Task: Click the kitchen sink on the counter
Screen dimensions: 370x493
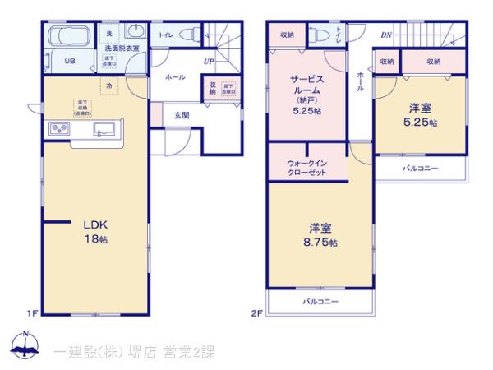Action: pyautogui.click(x=104, y=128)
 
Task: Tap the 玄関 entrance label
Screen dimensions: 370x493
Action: pyautogui.click(x=182, y=116)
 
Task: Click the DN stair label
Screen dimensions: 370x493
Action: pyautogui.click(x=385, y=35)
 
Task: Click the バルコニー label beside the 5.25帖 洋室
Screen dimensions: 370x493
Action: pyautogui.click(x=420, y=169)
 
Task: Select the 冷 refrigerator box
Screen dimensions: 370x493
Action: pyautogui.click(x=108, y=85)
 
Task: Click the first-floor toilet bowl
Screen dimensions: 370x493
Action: pyautogui.click(x=190, y=35)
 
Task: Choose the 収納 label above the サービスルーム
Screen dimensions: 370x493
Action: pyautogui.click(x=287, y=35)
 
